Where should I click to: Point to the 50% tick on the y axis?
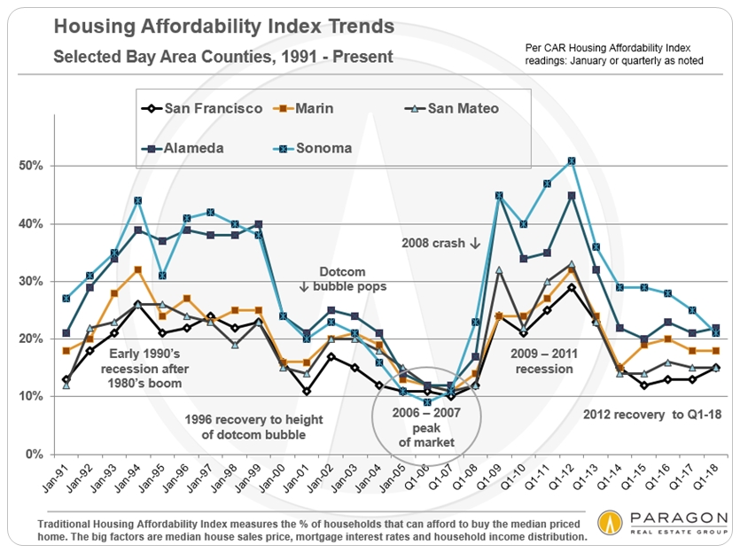pos(33,166)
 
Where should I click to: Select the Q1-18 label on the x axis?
pos(713,482)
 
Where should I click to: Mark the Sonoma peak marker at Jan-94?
pos(138,200)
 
